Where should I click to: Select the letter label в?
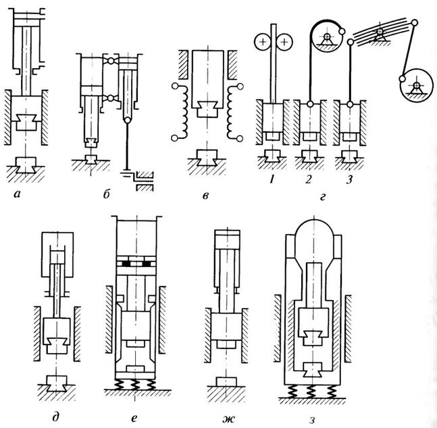tap(201, 196)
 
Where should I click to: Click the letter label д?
tap(55, 406)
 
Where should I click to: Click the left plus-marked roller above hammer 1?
tap(260, 42)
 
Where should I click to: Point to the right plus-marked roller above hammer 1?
tap(284, 42)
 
